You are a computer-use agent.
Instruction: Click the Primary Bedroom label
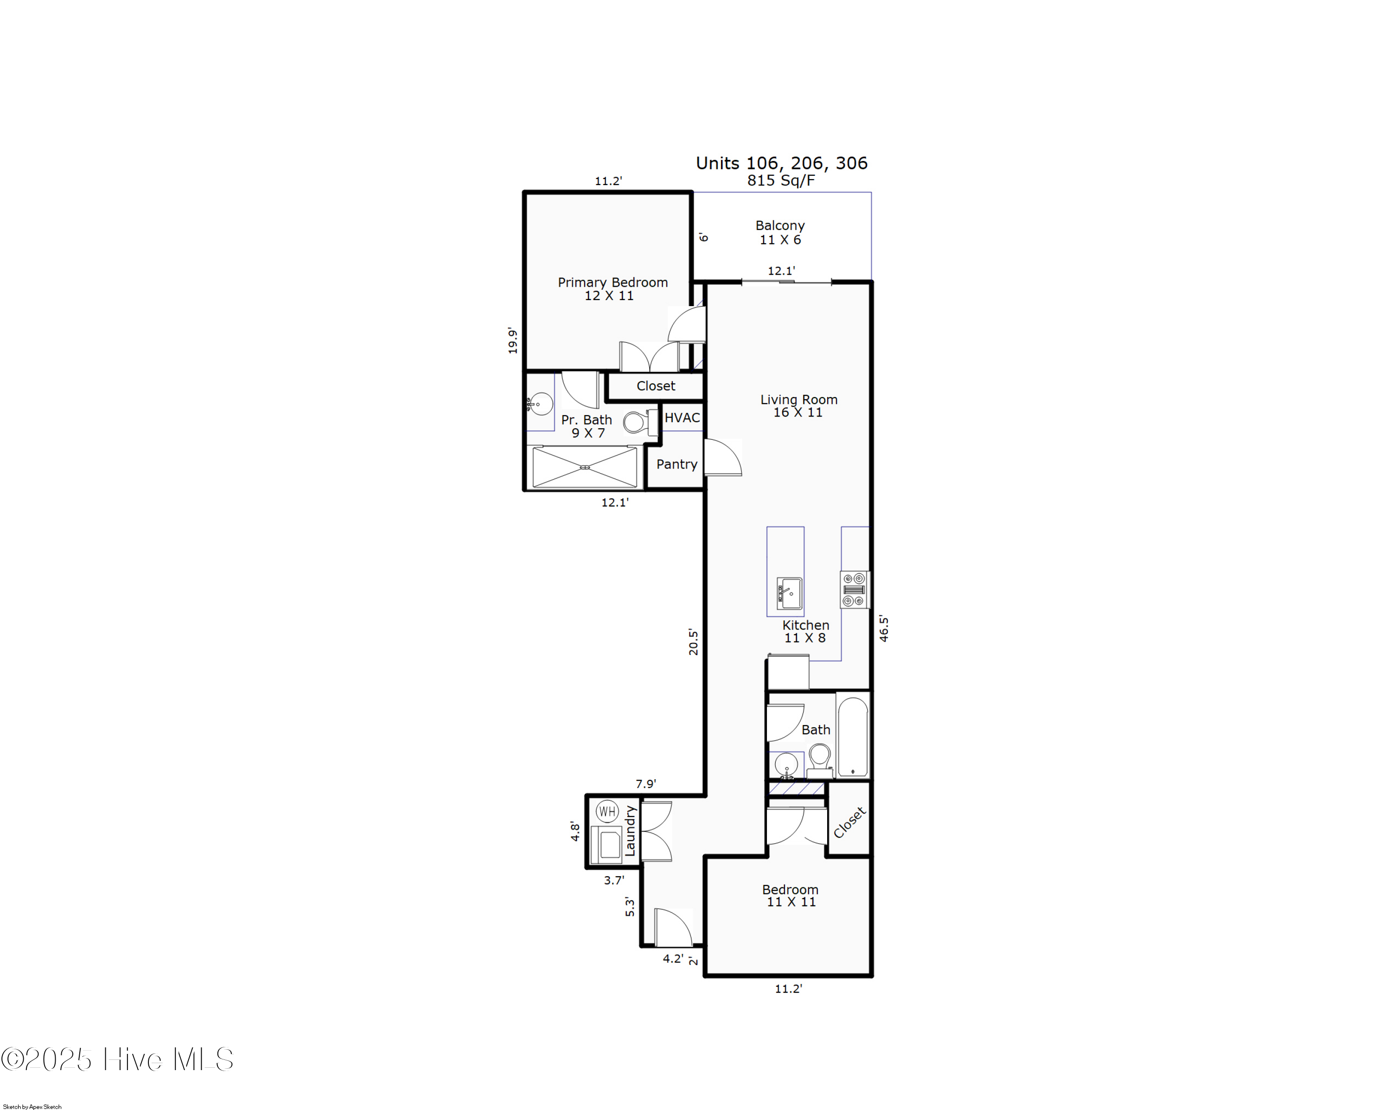tap(613, 282)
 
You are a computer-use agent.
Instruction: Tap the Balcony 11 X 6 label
tap(780, 232)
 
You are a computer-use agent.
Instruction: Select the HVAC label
tap(682, 417)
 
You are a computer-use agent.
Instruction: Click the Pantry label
tap(676, 464)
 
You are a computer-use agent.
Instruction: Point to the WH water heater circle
tap(607, 811)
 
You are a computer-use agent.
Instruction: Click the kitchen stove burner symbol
tap(854, 589)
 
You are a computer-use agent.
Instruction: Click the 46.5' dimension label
tap(884, 629)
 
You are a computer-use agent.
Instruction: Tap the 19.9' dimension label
tap(512, 340)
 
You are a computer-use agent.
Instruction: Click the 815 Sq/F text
tap(781, 181)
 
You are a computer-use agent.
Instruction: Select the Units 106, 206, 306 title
tap(781, 163)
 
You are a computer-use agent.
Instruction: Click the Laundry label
tap(630, 831)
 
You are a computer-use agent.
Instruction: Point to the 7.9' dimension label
tap(645, 783)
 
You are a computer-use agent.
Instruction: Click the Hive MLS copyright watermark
tap(117, 1059)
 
